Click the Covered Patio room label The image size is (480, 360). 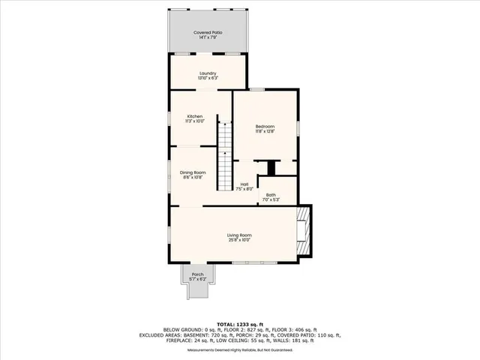208,33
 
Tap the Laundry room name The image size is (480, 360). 208,73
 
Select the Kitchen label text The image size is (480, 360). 195,116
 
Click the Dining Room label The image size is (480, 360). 193,172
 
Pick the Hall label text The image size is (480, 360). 244,184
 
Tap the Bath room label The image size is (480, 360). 270,195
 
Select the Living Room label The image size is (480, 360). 239,235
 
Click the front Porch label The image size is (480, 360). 197,274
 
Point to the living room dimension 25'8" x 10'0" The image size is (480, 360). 239,241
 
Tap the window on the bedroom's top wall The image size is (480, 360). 257,90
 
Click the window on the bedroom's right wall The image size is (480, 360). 298,128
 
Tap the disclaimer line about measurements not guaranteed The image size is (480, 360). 239,349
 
